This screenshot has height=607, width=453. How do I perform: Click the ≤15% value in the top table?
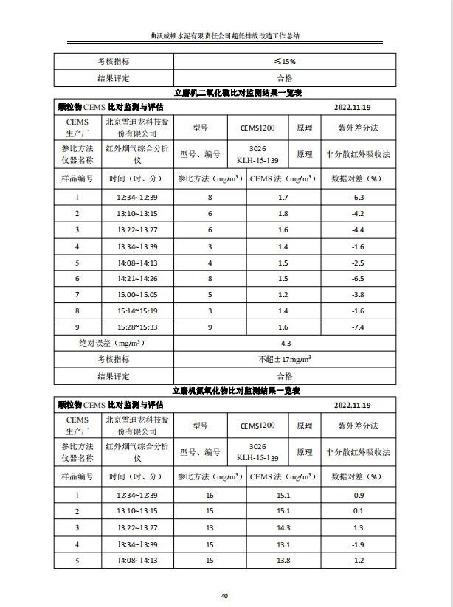tap(284, 61)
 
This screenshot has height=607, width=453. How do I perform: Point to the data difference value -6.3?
tap(358, 198)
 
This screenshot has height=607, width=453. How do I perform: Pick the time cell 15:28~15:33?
tap(136, 327)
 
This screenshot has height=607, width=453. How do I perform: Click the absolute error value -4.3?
tap(284, 343)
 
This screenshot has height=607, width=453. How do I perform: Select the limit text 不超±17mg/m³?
tap(284, 359)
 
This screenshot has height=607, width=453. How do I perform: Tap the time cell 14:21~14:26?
tap(136, 278)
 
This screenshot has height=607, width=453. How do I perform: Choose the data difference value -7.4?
tap(358, 327)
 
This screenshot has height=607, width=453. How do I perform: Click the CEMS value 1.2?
tap(283, 294)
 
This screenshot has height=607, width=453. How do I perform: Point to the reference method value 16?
tap(210, 495)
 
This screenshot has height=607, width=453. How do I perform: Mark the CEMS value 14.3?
tap(283, 527)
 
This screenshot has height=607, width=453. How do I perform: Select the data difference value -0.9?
tap(358, 495)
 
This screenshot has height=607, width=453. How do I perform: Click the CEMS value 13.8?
tap(283, 560)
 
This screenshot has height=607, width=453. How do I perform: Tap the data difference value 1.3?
tap(358, 527)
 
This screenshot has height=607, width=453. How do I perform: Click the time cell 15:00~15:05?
tap(136, 294)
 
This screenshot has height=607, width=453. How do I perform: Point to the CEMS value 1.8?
tap(283, 214)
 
